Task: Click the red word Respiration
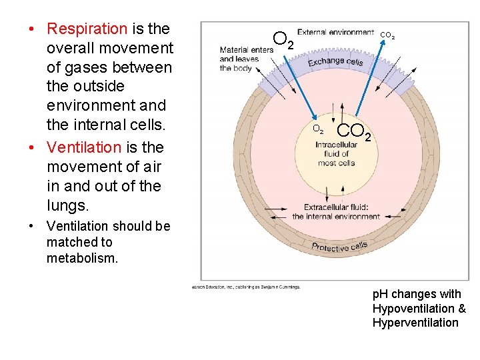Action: pyautogui.click(x=87, y=29)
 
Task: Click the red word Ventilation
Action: pyautogui.click(x=84, y=147)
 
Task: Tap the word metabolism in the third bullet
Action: pyautogui.click(x=82, y=258)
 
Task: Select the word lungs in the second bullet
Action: pyautogui.click(x=67, y=205)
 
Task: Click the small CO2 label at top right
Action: pyautogui.click(x=387, y=35)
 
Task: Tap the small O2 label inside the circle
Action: pyautogui.click(x=319, y=129)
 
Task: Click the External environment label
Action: pyautogui.click(x=335, y=32)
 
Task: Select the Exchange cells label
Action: pyautogui.click(x=335, y=61)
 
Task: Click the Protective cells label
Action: pyautogui.click(x=339, y=247)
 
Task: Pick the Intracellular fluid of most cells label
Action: pyautogui.click(x=336, y=153)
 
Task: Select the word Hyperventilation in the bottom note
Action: pyautogui.click(x=415, y=323)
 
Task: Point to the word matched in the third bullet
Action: pyautogui.click(x=69, y=242)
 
